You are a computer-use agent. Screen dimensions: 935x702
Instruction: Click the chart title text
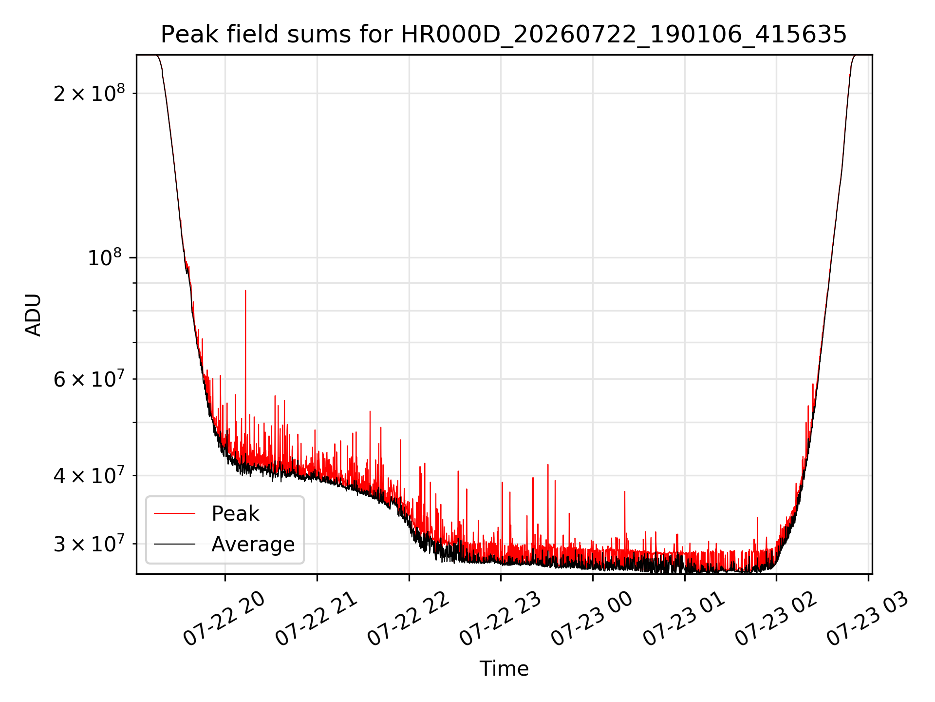504,35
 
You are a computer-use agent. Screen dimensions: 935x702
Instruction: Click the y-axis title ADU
33,315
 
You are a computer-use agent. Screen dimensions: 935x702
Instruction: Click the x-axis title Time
504,669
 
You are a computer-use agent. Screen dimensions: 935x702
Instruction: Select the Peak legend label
235,514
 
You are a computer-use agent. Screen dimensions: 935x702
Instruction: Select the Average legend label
253,545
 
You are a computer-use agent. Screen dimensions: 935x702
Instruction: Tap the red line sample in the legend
174,513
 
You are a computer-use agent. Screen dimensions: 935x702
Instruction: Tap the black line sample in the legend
174,544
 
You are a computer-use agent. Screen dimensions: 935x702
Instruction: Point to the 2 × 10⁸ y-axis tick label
90,93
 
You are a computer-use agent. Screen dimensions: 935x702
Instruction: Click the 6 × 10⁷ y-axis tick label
90,378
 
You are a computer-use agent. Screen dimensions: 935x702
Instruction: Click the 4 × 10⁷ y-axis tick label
90,475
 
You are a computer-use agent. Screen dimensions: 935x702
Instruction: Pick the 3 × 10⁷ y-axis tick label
90,543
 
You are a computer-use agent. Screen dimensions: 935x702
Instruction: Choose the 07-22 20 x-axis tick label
224,619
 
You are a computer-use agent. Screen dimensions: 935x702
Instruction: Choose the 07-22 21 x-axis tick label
316,619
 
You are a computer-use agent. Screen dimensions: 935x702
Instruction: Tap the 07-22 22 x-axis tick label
408,619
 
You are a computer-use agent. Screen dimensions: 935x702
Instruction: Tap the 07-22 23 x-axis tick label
500,619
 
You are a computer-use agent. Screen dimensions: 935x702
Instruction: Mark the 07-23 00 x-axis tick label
592,619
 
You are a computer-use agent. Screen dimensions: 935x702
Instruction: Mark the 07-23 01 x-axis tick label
684,619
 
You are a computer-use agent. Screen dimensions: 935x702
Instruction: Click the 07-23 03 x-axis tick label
868,619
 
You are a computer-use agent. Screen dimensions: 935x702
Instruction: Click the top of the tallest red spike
245,291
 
